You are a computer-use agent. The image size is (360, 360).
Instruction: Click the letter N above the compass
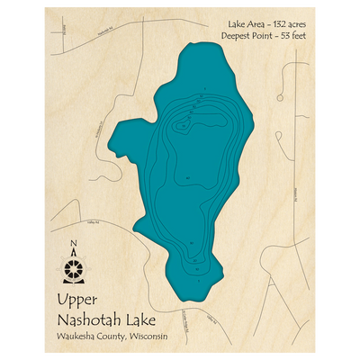(73, 242)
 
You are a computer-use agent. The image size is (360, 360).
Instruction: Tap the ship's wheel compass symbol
(73, 267)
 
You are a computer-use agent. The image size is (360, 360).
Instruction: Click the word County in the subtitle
(114, 338)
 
